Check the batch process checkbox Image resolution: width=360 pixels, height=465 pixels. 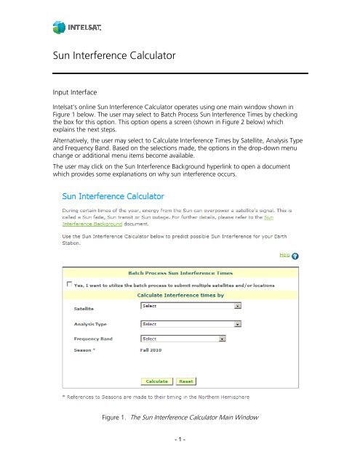tap(70, 284)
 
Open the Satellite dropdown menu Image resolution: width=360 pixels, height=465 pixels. tap(190, 307)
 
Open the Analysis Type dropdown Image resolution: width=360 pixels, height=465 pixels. tap(190, 323)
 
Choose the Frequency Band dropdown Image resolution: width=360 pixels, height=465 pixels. tap(182, 338)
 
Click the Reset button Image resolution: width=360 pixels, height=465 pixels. tap(185, 381)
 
